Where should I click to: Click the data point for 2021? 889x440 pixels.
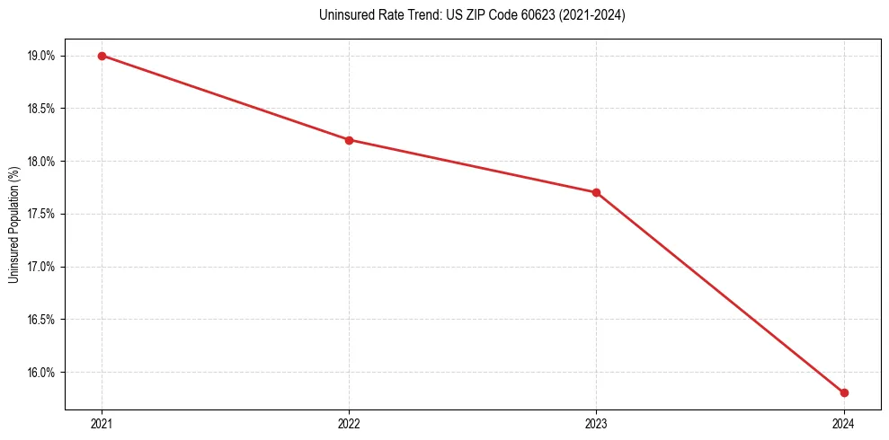[x=102, y=56]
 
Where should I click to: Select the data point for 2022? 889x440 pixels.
[x=349, y=140]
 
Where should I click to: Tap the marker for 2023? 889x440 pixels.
[x=596, y=192]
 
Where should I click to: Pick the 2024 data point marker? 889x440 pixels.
[x=844, y=392]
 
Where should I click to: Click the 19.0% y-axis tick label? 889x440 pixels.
[x=41, y=56]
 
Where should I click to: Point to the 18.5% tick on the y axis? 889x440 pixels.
[x=41, y=109]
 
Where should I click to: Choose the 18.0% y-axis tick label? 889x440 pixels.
[x=41, y=162]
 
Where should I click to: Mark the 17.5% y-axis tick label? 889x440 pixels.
[x=41, y=214]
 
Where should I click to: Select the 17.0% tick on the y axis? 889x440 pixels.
[x=41, y=267]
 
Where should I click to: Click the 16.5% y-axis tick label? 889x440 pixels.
[x=41, y=320]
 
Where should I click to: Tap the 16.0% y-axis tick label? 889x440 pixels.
[x=41, y=373]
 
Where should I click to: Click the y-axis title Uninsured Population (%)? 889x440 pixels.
[x=13, y=224]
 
